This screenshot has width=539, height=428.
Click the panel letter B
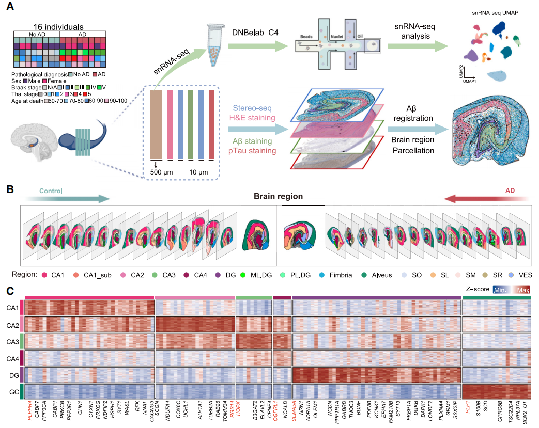[9, 189]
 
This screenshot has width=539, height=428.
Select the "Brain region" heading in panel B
[278, 196]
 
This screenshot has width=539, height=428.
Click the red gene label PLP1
[468, 411]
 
